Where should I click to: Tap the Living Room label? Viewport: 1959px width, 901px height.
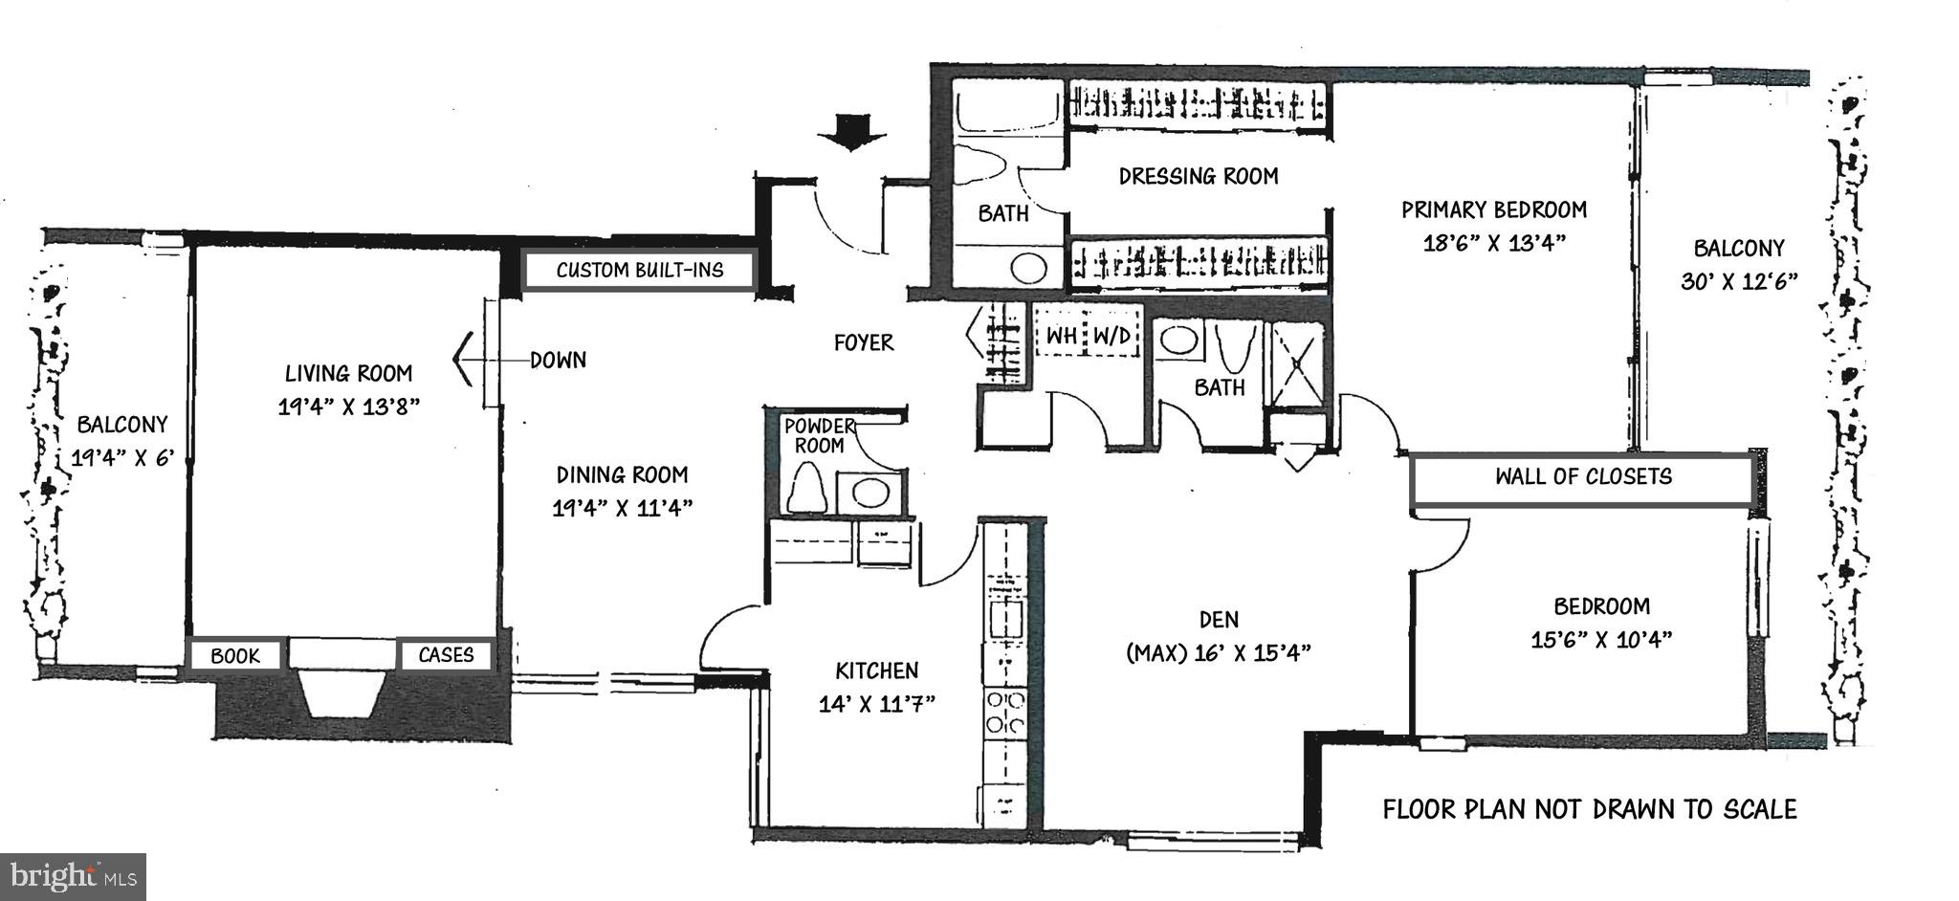pos(349,373)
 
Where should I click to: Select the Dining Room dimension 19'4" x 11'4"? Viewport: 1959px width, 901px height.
pos(622,508)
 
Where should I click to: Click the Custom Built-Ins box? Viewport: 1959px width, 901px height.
pos(640,271)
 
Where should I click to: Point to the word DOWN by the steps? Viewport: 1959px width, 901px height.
pos(559,361)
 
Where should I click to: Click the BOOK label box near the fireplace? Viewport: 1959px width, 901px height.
pos(235,656)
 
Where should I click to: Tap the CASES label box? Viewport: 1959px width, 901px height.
pos(446,655)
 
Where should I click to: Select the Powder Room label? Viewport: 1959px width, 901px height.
pos(820,435)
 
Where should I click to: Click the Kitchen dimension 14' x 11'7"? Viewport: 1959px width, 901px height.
pos(876,705)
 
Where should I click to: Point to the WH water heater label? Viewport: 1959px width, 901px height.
pos(1062,336)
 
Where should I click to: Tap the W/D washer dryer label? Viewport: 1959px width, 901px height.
pos(1112,336)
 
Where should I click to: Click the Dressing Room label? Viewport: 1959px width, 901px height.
pos(1199,176)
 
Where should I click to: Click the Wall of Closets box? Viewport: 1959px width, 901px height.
pos(1583,477)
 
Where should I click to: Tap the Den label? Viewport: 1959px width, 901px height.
pos(1219,620)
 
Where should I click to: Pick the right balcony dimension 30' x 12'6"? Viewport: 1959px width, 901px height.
pos(1738,282)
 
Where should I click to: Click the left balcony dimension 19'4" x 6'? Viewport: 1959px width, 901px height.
pos(122,458)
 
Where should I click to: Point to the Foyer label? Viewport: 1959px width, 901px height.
pos(863,342)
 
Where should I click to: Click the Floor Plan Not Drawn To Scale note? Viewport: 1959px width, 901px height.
pos(1589,810)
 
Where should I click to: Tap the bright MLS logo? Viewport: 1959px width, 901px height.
pos(74,876)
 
